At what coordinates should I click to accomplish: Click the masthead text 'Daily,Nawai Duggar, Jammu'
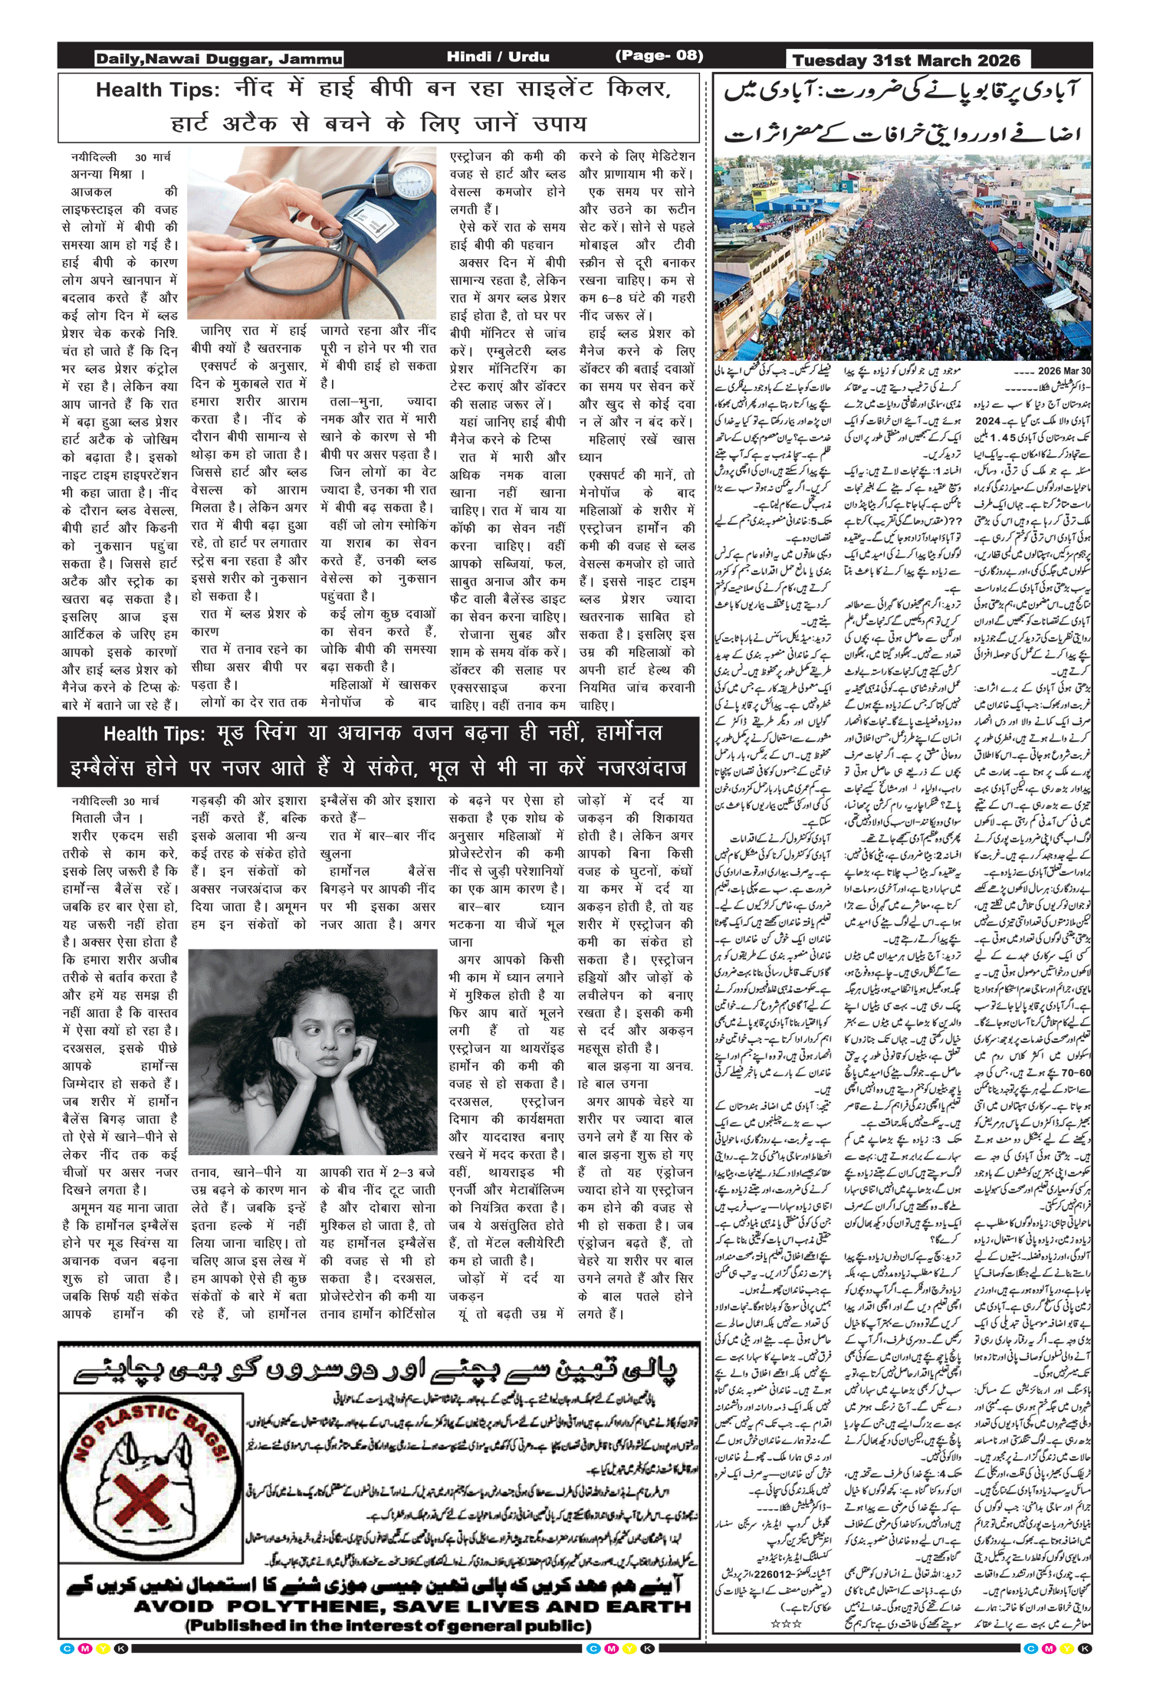point(219,59)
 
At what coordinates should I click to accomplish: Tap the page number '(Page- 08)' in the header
point(659,56)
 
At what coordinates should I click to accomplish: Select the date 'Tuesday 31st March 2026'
point(906,61)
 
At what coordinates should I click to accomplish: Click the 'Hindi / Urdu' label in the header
point(498,57)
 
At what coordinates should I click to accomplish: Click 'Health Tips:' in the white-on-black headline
point(154,734)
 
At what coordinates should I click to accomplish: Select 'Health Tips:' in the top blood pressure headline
point(157,90)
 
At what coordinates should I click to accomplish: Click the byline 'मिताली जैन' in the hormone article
point(100,818)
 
